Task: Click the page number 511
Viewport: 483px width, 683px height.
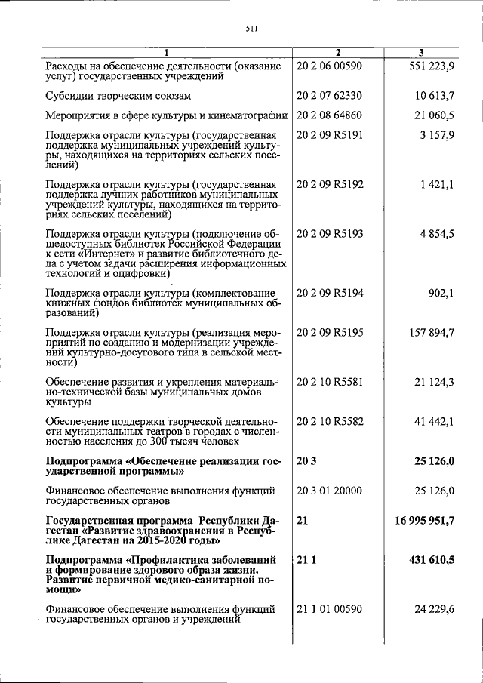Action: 252,29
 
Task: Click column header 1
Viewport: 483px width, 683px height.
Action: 167,52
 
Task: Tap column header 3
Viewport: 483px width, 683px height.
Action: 421,52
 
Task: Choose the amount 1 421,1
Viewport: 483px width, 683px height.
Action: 436,184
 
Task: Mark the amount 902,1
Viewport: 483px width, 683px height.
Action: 441,293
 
